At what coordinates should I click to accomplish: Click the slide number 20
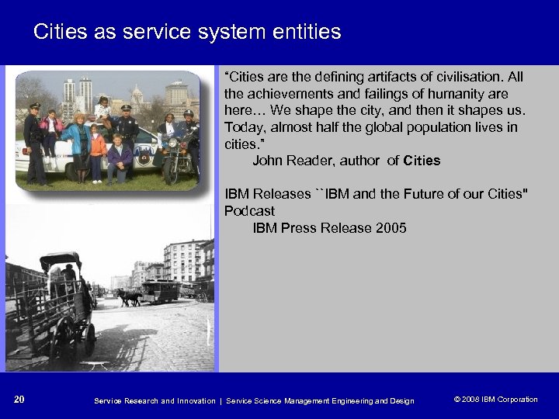pos(19,400)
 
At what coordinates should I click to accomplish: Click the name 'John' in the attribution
pos(268,161)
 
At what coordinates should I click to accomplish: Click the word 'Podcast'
pos(249,211)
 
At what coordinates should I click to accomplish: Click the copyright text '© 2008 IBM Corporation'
pos(495,400)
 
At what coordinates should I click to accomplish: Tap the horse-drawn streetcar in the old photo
pos(159,290)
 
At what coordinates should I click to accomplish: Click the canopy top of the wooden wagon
pos(61,261)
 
